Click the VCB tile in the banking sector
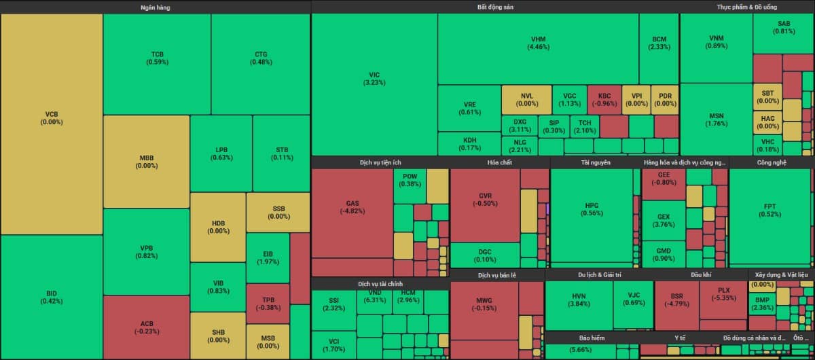pyautogui.click(x=52, y=118)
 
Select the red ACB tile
pyautogui.click(x=147, y=327)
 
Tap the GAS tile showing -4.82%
pyautogui.click(x=352, y=207)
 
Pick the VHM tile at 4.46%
pyautogui.click(x=538, y=43)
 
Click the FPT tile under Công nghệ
pyautogui.click(x=769, y=210)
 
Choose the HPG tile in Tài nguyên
pyautogui.click(x=592, y=209)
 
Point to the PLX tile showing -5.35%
pyautogui.click(x=723, y=294)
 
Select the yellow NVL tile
pyautogui.click(x=526, y=99)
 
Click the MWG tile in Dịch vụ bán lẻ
pyautogui.click(x=484, y=303)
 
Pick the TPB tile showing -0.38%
pyautogui.click(x=268, y=303)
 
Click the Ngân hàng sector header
pyautogui.click(x=156, y=7)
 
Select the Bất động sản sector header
pyautogui.click(x=495, y=7)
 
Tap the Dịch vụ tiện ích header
pyautogui.click(x=380, y=162)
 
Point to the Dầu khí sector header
pyautogui.click(x=701, y=275)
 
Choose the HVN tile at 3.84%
pyautogui.click(x=579, y=300)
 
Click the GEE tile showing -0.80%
pyautogui.click(x=664, y=179)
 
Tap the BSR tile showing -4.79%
pyautogui.click(x=676, y=300)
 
